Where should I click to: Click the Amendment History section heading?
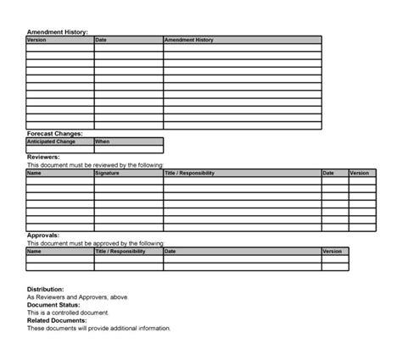pos(57,31)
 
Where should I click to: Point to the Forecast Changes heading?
pos(54,134)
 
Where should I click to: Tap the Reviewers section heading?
pos(43,157)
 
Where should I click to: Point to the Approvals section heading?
pos(44,235)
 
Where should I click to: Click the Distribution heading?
pos(46,290)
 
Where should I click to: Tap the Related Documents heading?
pos(57,321)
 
